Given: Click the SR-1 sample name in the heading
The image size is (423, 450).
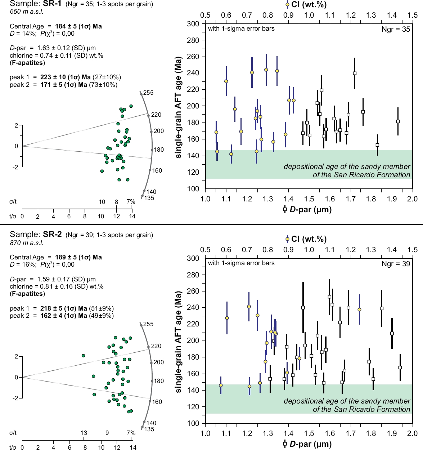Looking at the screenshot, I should (x=52, y=4).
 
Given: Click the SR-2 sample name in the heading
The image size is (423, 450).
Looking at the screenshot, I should (x=53, y=235).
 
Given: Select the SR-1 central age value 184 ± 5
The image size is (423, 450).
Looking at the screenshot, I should (x=78, y=26).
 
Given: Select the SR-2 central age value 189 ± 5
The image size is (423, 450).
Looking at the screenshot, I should (x=78, y=257).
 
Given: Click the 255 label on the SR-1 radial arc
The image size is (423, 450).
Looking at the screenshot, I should (x=148, y=93).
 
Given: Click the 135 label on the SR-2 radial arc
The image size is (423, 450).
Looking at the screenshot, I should (x=149, y=429).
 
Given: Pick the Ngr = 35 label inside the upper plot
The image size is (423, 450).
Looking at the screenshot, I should (x=396, y=30).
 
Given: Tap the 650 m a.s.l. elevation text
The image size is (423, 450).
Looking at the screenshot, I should (x=27, y=12).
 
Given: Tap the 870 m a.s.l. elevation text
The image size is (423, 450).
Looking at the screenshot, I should (x=27, y=243).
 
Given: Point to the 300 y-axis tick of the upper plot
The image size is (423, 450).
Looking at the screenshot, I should (x=193, y=24).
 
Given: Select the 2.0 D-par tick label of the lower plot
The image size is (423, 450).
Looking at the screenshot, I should (x=412, y=433).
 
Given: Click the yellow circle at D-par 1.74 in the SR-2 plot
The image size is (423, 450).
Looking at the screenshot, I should (x=359, y=310).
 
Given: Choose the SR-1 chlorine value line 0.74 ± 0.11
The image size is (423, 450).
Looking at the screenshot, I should (x=57, y=55).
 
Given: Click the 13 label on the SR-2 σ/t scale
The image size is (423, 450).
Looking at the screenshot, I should (x=84, y=433).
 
